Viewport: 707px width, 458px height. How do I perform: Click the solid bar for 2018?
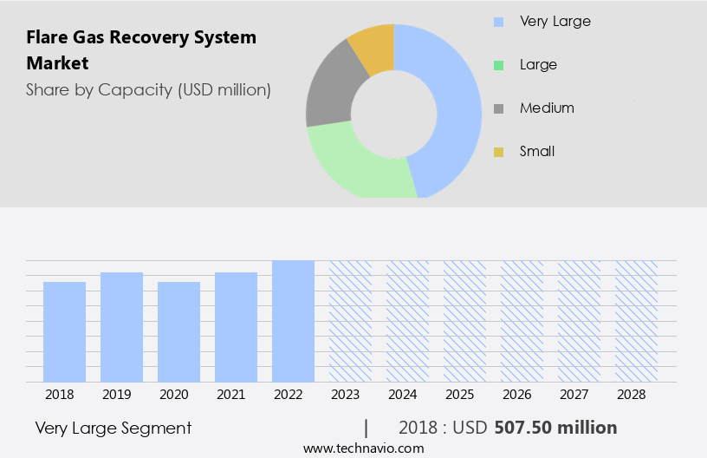(x=64, y=331)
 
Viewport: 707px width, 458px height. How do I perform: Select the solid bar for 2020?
(x=178, y=331)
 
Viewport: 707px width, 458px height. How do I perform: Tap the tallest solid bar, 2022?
(x=293, y=321)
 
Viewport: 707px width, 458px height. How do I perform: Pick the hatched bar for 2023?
(x=350, y=321)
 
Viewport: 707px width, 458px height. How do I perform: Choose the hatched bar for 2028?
(x=636, y=321)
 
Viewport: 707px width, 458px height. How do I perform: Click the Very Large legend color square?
(x=498, y=22)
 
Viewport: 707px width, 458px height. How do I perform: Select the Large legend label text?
(x=538, y=65)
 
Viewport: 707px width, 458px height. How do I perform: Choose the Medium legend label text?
(x=547, y=108)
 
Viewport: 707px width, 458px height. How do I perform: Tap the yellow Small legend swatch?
(x=498, y=152)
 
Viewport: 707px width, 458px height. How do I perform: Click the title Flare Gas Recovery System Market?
(x=141, y=50)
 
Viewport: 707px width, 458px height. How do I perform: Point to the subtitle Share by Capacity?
(x=148, y=89)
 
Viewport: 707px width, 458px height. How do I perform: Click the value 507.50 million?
(x=555, y=428)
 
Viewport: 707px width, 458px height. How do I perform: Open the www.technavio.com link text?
(x=363, y=448)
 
